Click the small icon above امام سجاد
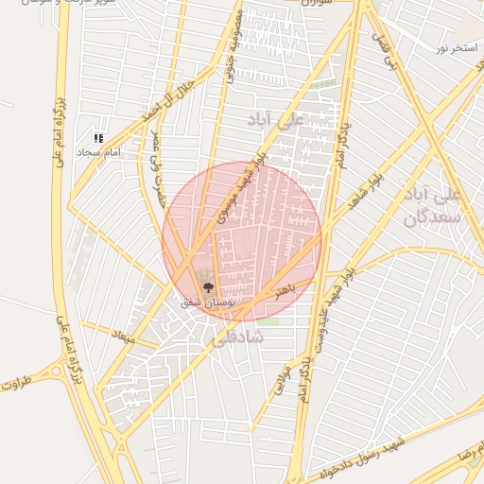[98, 138]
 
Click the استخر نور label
[455, 46]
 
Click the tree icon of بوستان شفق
[208, 288]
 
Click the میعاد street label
[124, 337]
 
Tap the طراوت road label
[18, 385]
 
